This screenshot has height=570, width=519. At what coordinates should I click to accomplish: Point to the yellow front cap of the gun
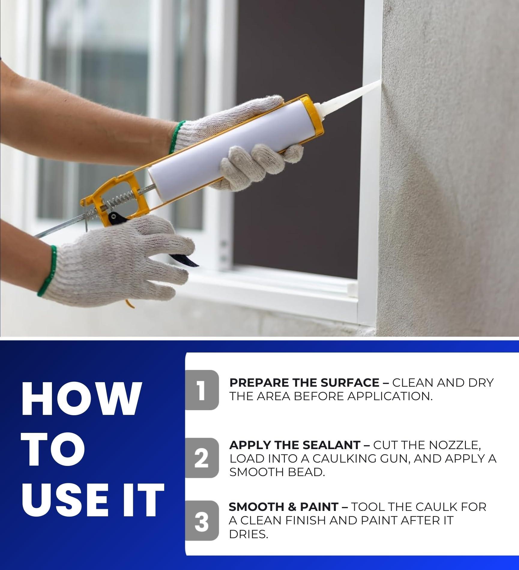pos(314,115)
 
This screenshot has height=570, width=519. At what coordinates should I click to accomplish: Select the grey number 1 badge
pos(202,390)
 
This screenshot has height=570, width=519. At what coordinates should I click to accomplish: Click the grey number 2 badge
pos(202,458)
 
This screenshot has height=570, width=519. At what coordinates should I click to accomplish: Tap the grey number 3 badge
pos(202,521)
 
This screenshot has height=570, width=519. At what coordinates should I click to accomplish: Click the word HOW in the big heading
pos(80,400)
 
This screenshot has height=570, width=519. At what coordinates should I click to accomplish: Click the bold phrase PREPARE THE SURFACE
pos(304,383)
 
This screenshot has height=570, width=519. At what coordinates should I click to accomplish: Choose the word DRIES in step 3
pos(248,534)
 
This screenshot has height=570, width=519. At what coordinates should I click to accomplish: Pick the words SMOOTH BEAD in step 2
pos(277,472)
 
